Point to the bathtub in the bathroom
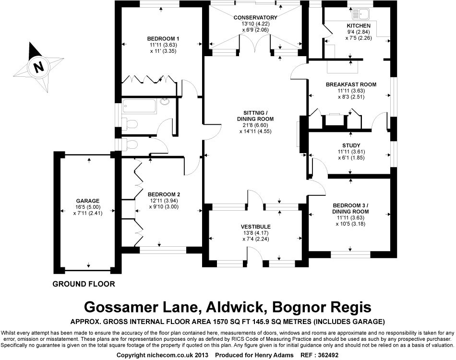pyautogui.click(x=140, y=106)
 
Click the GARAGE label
pyautogui.click(x=87, y=201)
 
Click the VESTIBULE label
pyautogui.click(x=256, y=227)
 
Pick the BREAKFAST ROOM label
pyautogui.click(x=351, y=84)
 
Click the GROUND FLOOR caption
pyautogui.click(x=84, y=284)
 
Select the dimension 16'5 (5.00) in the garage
pyautogui.click(x=87, y=208)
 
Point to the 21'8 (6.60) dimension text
pyautogui.click(x=255, y=125)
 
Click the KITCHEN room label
pyautogui.click(x=359, y=26)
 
